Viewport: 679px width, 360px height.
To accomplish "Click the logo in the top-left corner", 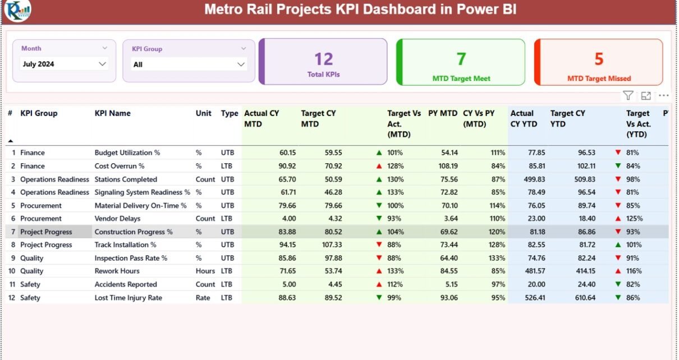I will point(17,11).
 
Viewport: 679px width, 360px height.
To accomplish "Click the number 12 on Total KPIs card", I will point(324,59).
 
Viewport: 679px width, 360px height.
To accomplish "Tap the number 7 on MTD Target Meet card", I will point(461,59).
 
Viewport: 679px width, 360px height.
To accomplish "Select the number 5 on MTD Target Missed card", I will point(599,59).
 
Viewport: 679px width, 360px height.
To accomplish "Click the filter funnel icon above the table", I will point(628,96).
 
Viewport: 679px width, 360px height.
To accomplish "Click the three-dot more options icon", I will point(664,96).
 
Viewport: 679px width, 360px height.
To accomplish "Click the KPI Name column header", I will point(112,113).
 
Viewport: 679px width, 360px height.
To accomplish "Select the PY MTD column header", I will point(442,113).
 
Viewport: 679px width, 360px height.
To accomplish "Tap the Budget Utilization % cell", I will point(127,153).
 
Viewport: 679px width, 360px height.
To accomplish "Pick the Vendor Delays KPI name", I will point(117,219).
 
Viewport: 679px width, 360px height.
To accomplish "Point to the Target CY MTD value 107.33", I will point(329,245).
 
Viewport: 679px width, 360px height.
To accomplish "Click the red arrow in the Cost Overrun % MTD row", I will point(379,166).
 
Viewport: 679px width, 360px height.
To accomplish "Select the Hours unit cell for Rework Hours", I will point(205,271).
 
